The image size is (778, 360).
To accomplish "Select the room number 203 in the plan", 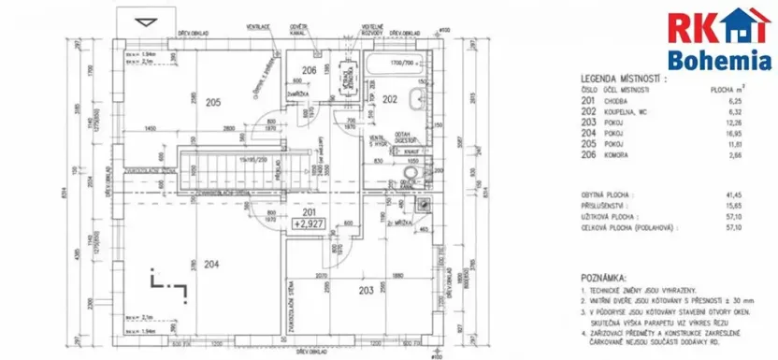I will pyautogui.click(x=366, y=291).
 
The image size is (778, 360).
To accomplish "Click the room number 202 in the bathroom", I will pyautogui.click(x=390, y=98).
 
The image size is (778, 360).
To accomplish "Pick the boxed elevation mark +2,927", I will pyautogui.click(x=308, y=224).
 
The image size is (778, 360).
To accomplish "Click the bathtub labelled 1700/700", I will pyautogui.click(x=394, y=66).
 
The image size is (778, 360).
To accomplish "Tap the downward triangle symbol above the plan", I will pyautogui.click(x=144, y=22).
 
